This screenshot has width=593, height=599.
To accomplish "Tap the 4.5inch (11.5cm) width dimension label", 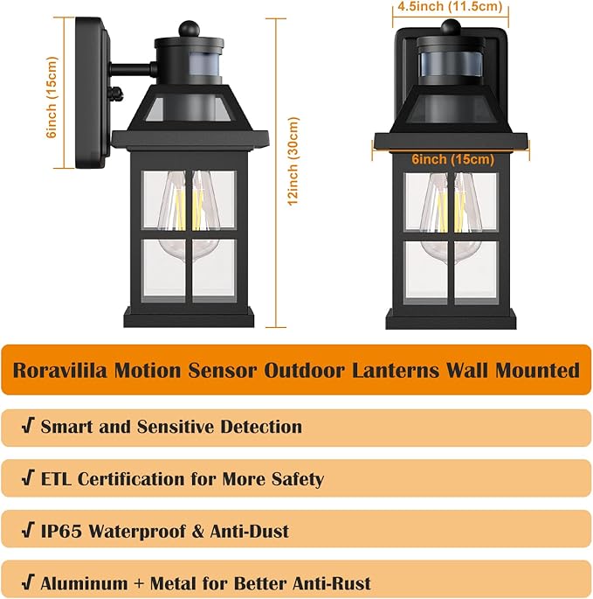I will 449,6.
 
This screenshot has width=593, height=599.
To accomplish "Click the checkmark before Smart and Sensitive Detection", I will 27,427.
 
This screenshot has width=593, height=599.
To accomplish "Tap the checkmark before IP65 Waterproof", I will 27,531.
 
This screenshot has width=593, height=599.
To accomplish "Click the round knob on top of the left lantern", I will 185,28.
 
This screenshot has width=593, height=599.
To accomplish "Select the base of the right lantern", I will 451,318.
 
